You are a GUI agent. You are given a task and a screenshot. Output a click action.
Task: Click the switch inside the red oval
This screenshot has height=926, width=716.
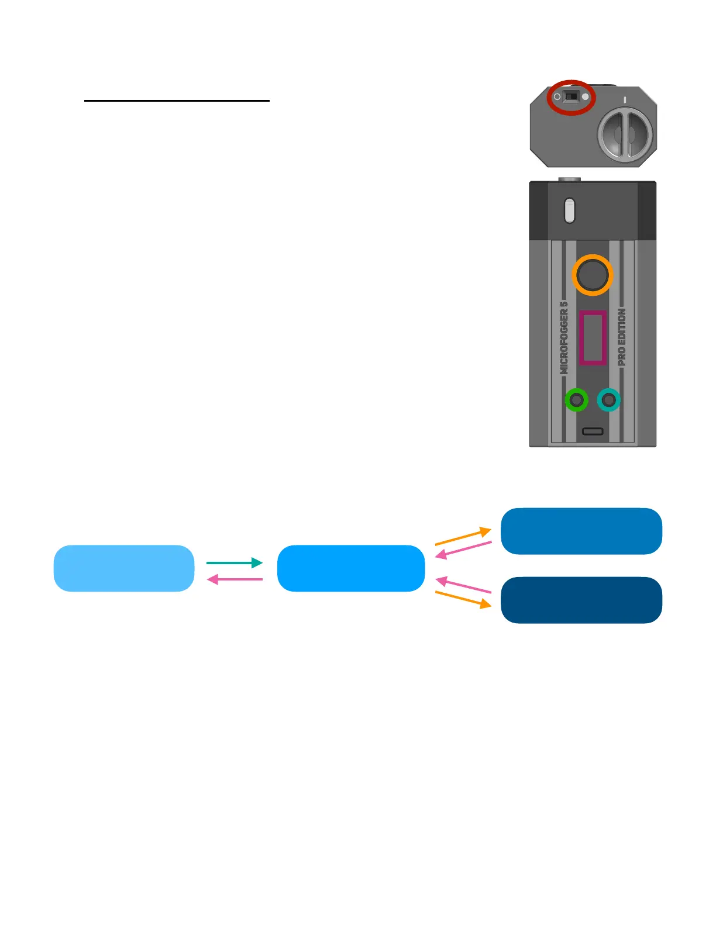click(572, 96)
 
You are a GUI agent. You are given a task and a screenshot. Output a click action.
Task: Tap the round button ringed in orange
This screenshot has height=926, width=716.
click(592, 275)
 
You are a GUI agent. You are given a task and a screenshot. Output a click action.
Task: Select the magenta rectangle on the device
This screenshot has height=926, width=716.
click(592, 338)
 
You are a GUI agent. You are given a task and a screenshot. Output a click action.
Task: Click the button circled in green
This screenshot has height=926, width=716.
click(577, 400)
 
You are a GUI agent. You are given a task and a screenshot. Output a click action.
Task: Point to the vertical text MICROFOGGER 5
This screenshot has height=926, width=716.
click(564, 338)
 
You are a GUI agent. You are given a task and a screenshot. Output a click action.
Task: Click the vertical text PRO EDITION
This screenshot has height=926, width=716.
click(621, 337)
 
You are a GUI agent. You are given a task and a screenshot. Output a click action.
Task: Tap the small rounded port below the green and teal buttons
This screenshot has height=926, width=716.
click(593, 431)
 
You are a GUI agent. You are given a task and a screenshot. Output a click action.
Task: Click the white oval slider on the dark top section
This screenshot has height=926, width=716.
click(570, 210)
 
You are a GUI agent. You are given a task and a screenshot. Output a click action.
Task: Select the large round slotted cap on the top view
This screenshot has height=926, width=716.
click(624, 134)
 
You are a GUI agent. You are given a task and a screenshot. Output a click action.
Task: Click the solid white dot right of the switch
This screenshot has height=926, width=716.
click(586, 96)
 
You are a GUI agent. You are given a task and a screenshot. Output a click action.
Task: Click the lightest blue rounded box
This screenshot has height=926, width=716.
click(124, 568)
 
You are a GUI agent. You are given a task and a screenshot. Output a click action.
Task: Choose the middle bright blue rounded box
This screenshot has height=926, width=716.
click(351, 568)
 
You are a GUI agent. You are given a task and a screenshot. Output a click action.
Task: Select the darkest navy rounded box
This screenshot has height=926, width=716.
click(581, 600)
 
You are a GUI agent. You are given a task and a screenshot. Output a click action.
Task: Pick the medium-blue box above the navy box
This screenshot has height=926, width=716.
click(581, 531)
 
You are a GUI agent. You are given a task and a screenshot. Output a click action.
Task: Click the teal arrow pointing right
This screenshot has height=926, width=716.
click(234, 562)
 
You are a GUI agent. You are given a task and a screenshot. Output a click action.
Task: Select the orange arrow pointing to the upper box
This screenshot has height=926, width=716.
click(463, 537)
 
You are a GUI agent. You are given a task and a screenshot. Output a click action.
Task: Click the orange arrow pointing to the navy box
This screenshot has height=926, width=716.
click(463, 600)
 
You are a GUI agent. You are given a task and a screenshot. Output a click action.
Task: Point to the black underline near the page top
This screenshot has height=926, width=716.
click(177, 101)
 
